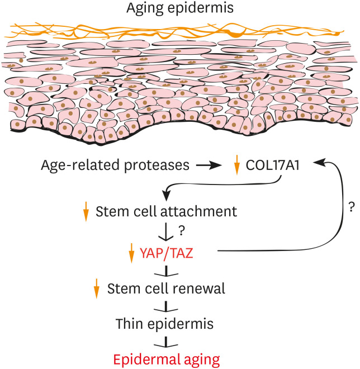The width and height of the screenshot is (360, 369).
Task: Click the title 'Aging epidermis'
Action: pos(180,8)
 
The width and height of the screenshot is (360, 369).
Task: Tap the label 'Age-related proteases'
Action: pos(115,165)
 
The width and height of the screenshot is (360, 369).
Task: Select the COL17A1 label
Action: pos(273,165)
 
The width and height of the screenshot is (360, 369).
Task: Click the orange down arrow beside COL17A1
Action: pos(237,165)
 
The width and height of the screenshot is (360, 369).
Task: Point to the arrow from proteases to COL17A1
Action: pos(209,165)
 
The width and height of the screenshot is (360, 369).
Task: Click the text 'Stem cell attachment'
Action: pos(166,211)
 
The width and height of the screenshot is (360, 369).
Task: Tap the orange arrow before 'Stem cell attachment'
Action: pos(86,211)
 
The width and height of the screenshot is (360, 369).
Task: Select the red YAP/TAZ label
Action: pos(167,253)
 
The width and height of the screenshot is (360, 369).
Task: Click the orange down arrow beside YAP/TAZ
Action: pos(131,253)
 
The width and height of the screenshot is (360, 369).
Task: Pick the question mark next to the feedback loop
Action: pos(351,207)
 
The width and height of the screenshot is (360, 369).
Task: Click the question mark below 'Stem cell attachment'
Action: pos(181,231)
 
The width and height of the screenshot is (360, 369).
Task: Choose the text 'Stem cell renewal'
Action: pos(166,288)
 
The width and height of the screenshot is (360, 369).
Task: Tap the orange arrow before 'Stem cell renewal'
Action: pos(97,288)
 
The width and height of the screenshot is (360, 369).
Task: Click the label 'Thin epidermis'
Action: pos(164,324)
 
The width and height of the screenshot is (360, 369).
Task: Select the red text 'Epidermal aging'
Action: pos(167,359)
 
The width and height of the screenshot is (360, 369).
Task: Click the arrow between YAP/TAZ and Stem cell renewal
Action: pos(166,271)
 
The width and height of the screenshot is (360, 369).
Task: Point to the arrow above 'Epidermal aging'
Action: pos(166,342)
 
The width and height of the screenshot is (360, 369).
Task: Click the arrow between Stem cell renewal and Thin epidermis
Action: pos(166,306)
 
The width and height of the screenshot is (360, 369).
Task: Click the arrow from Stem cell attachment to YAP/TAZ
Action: pos(166,231)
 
